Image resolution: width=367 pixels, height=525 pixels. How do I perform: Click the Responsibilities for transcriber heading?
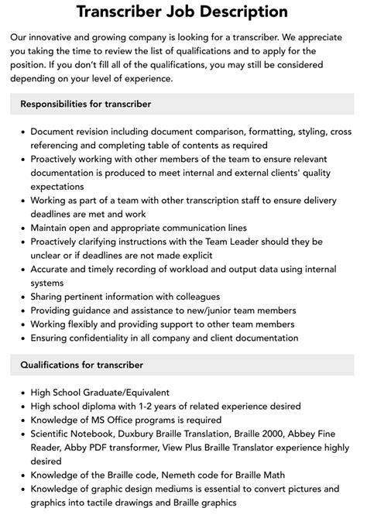click(86, 104)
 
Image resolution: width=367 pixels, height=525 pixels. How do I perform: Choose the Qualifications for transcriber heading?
click(82, 365)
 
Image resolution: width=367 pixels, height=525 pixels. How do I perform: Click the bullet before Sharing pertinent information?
click(21, 297)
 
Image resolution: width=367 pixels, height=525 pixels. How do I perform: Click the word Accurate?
click(52, 269)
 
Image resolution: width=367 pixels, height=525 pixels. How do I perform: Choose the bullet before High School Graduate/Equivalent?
click(21, 392)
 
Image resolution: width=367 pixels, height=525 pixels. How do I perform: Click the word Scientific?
click(54, 434)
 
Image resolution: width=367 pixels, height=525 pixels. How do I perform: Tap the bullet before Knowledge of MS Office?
click(21, 420)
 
